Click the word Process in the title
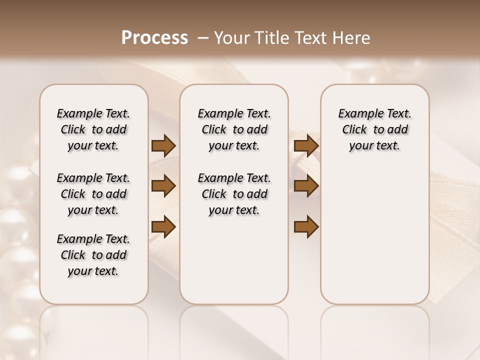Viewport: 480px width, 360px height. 154,38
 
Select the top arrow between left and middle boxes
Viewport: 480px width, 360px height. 163,146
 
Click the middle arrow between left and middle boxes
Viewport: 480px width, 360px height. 163,186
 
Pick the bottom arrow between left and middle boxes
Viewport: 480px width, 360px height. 163,227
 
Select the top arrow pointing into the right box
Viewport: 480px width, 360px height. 306,146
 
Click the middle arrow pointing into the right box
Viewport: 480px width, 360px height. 306,186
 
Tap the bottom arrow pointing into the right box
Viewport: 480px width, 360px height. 306,227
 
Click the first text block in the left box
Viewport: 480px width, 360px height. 93,129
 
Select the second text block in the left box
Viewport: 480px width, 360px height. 93,194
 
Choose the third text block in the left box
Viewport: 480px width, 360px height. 93,255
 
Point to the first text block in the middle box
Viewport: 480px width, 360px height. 234,129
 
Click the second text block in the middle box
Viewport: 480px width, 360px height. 234,194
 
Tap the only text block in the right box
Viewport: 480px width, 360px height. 374,129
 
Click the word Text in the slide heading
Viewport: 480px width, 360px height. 310,38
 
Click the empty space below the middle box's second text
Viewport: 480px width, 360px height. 234,260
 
